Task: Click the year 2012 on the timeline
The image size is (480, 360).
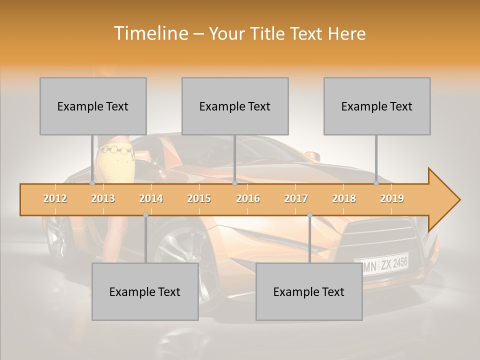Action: [55, 198]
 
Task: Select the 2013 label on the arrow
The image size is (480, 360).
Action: [103, 198]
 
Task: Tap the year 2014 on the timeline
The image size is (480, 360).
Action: [151, 198]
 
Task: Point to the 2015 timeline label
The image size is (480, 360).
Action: [199, 198]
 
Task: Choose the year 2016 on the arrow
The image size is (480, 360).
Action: [248, 198]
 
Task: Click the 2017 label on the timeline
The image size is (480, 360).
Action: [296, 198]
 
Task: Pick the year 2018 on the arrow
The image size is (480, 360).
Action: [344, 198]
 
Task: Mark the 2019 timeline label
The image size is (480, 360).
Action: [392, 198]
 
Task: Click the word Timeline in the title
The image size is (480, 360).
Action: [150, 33]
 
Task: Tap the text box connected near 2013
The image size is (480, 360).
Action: [93, 106]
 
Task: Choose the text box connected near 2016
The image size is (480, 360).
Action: [235, 106]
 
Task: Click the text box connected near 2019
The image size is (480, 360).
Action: [377, 106]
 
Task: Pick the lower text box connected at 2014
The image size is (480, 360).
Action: [145, 291]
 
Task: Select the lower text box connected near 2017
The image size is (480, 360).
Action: [309, 291]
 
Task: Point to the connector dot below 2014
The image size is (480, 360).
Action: [145, 214]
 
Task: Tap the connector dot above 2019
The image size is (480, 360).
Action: [376, 183]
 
